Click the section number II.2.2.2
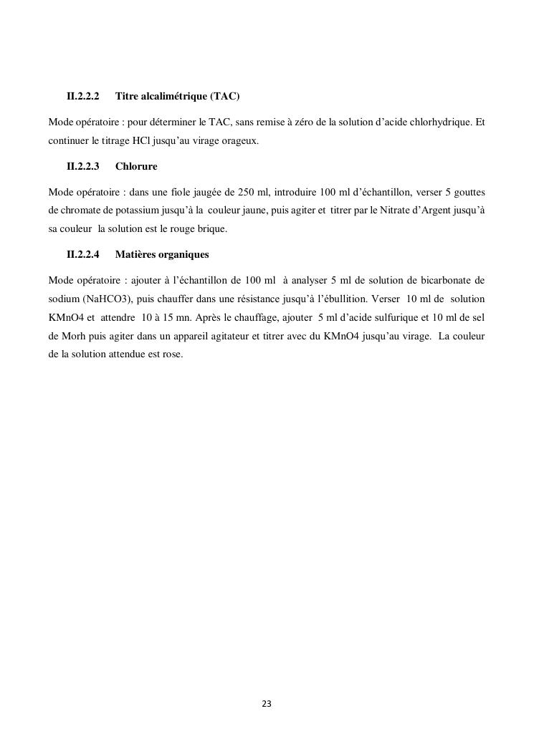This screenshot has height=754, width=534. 82,96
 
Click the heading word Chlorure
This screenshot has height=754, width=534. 136,167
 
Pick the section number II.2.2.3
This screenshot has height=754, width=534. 82,167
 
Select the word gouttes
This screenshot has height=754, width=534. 469,193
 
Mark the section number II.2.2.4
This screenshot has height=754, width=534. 82,255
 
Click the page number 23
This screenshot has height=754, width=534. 267,704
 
